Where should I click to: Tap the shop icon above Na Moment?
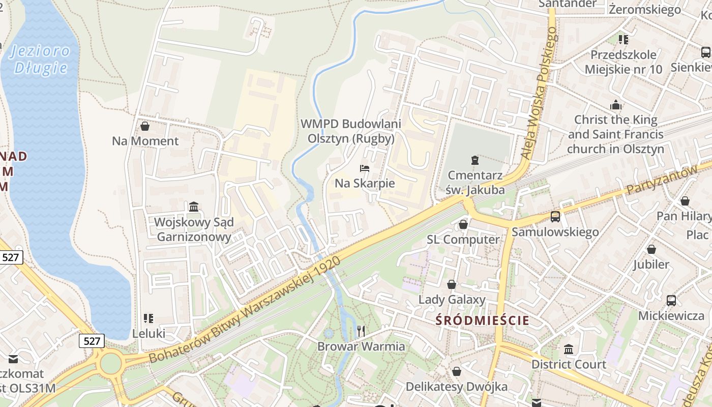point(145,126)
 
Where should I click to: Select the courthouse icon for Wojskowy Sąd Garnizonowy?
point(194,207)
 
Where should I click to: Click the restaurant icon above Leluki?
point(149,318)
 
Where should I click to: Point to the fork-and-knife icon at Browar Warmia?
point(361,331)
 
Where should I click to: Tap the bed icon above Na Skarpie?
point(365,168)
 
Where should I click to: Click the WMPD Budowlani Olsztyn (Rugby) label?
point(351,131)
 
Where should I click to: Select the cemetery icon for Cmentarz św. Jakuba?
point(475,160)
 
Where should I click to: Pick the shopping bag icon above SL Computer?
point(463,224)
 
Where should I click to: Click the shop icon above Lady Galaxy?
point(452,284)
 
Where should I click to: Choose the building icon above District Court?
point(569,349)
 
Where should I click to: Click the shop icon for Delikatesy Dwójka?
point(457,371)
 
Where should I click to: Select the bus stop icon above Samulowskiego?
point(555,217)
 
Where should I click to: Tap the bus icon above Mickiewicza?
point(671,300)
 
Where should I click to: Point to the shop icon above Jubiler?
point(651,249)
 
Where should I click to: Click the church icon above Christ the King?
point(616,105)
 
